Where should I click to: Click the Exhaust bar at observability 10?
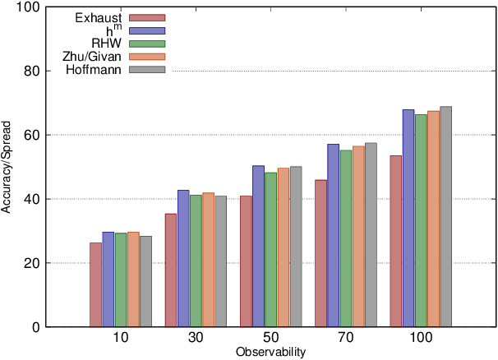tap(96, 284)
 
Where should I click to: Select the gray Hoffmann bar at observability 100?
tap(446, 217)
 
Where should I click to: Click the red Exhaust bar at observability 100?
tap(396, 241)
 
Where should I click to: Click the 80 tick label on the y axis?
tap(31, 71)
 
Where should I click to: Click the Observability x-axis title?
tap(270, 353)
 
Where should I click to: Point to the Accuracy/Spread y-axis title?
tap(7, 167)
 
